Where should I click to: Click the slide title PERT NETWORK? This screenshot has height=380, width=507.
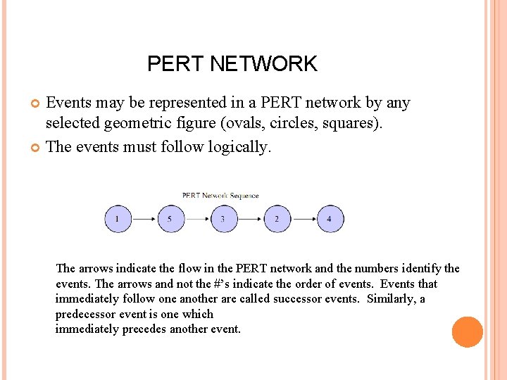(232, 64)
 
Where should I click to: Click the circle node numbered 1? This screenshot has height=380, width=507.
(118, 219)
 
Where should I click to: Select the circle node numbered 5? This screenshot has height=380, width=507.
(170, 219)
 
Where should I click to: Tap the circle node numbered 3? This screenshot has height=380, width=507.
(223, 219)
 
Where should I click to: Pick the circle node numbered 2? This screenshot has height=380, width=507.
(277, 219)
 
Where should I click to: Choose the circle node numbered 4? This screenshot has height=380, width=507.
(330, 219)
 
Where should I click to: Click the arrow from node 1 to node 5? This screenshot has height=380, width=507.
(144, 219)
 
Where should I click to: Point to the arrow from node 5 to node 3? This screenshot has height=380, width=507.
(197, 219)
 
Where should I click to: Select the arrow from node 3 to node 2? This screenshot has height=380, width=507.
(250, 219)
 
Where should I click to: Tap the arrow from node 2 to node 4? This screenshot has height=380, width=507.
(303, 219)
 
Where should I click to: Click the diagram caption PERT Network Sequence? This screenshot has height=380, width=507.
(220, 196)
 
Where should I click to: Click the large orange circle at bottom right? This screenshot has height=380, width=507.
(467, 332)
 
